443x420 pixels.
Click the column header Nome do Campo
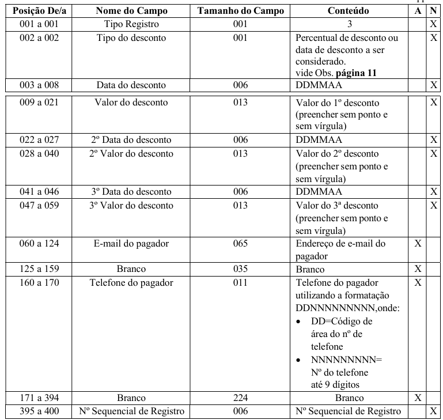click(131, 11)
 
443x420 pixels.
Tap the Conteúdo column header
click(348, 11)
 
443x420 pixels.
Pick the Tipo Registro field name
click(131, 24)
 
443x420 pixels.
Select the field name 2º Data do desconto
click(131, 140)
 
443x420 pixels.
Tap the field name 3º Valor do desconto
click(131, 205)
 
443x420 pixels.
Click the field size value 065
click(240, 244)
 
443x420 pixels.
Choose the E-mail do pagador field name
click(131, 244)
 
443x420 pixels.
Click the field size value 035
click(240, 269)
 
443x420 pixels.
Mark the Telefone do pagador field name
click(131, 282)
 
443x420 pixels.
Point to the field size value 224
click(240, 398)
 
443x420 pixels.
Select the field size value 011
click(240, 282)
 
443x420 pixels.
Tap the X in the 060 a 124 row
click(418, 244)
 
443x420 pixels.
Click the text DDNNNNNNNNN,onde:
click(347, 308)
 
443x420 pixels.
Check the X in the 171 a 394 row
click(418, 398)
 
